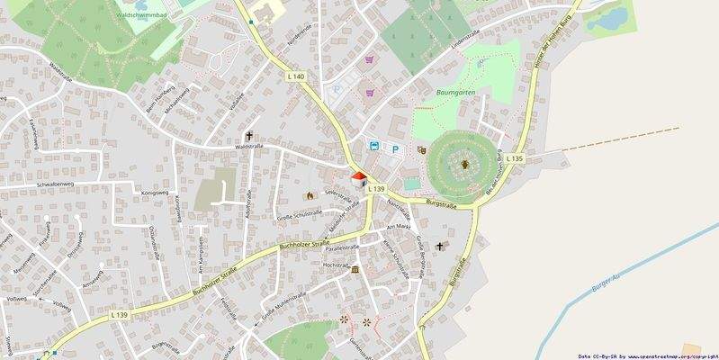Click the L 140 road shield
(x=298, y=77)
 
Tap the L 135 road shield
(x=514, y=158)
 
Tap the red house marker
(x=358, y=178)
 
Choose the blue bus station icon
(x=373, y=146)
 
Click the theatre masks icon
(x=421, y=150)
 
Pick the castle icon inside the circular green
(x=464, y=164)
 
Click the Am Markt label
(x=397, y=229)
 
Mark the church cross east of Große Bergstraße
(x=440, y=246)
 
